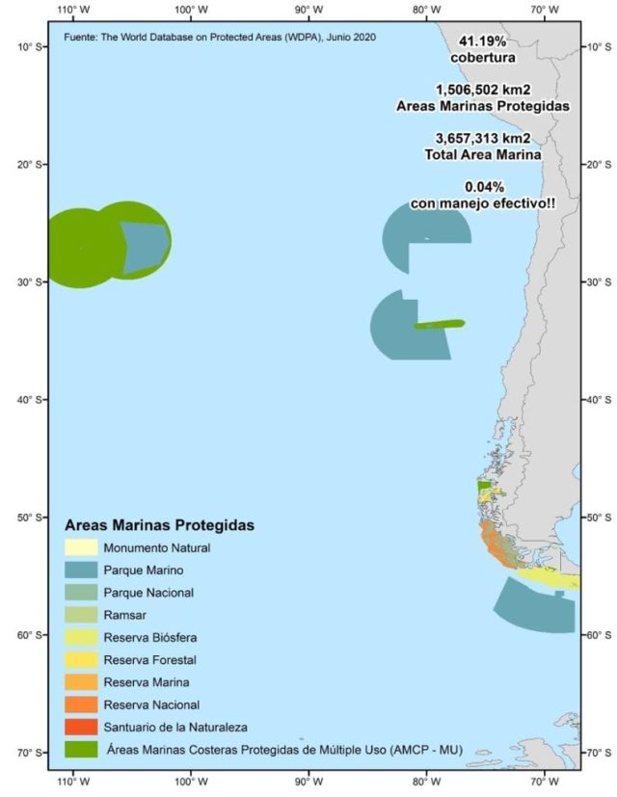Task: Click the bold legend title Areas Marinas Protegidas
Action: pyautogui.click(x=159, y=526)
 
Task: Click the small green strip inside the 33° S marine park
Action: pyautogui.click(x=440, y=324)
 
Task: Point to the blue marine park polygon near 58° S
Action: pyautogui.click(x=533, y=613)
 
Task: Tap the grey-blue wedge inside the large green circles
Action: pyautogui.click(x=143, y=246)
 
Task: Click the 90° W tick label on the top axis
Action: pyautogui.click(x=308, y=9)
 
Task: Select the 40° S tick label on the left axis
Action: pyautogui.click(x=27, y=399)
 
